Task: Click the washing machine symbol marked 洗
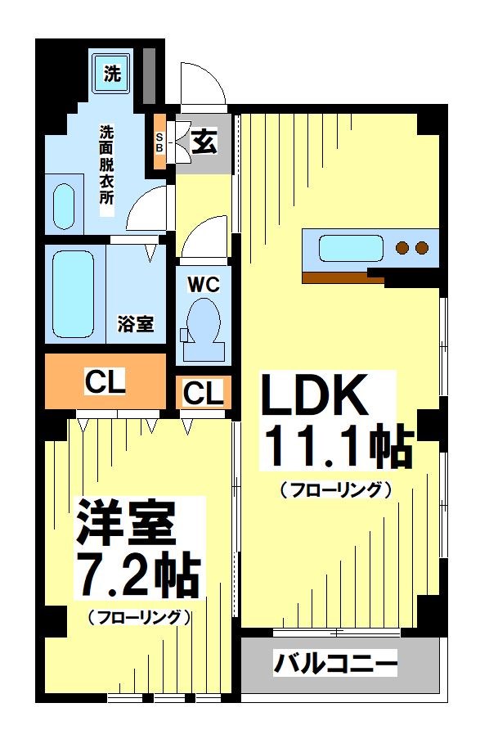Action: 112,73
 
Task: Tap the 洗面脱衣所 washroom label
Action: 107,169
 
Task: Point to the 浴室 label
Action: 135,324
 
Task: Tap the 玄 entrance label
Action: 204,142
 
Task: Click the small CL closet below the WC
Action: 203,394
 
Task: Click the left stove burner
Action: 402,247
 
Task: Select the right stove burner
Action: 422,247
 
